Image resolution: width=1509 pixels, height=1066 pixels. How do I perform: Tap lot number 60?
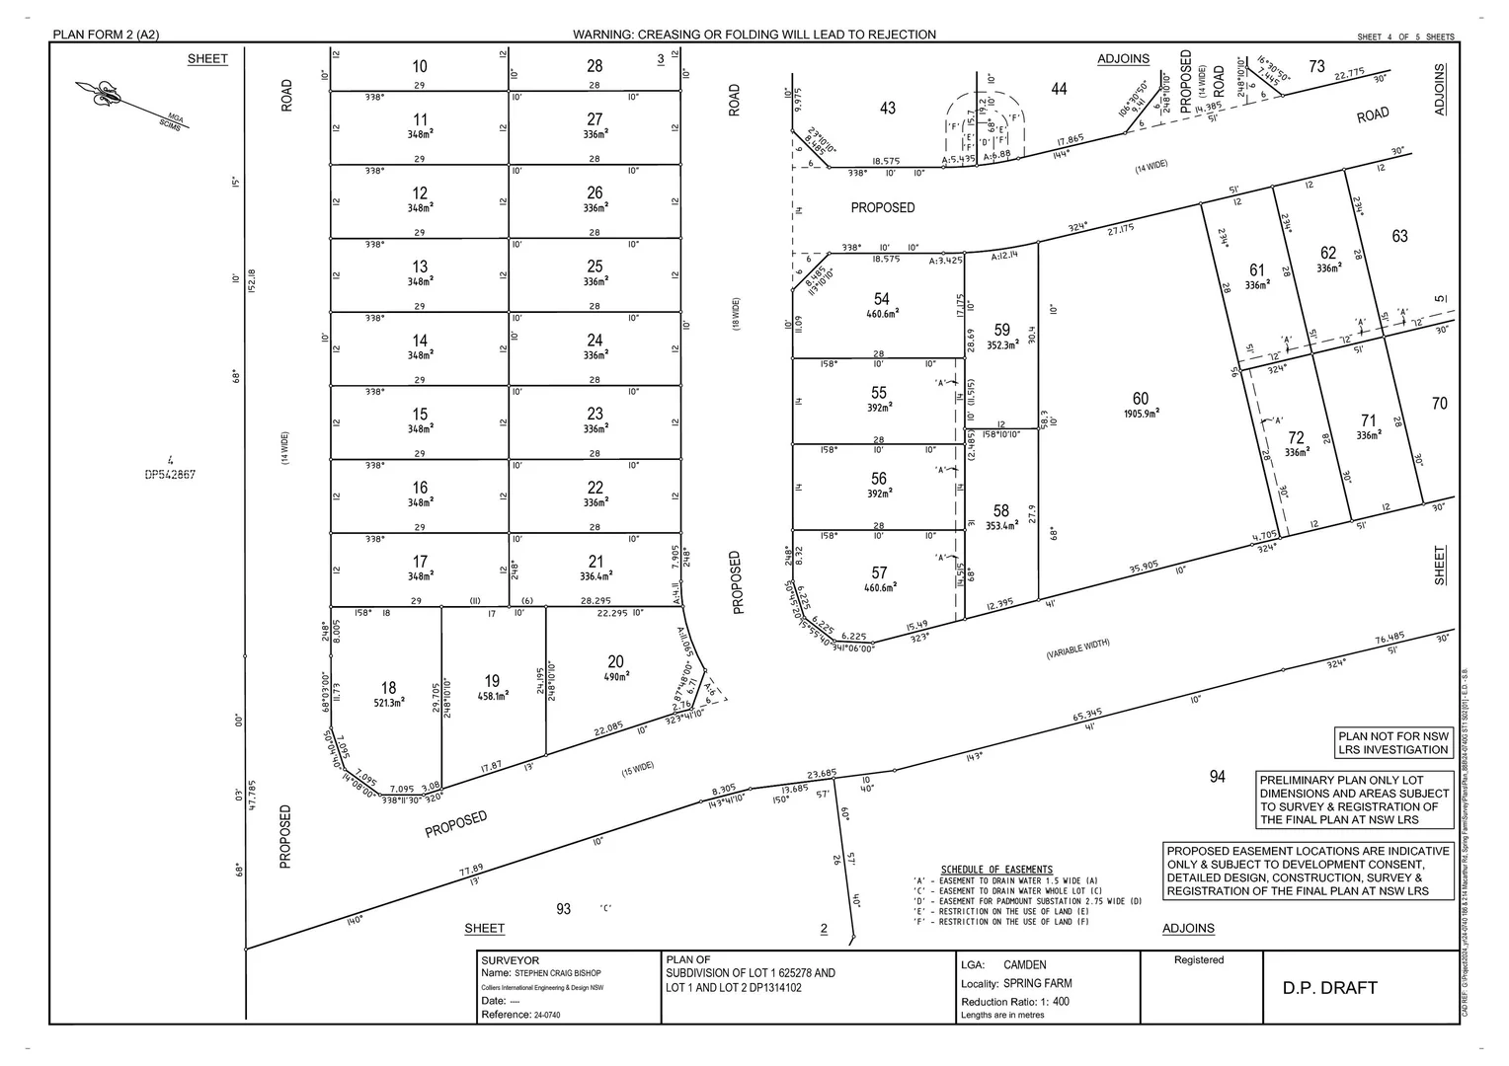point(1141,399)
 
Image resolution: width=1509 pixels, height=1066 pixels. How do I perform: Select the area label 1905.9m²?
point(1141,415)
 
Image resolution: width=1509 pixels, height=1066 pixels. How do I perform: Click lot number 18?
point(388,688)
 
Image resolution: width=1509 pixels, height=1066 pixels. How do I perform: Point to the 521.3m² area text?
point(388,704)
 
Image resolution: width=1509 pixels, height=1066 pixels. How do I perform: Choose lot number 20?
point(615,661)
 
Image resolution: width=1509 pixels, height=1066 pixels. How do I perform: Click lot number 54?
point(881,299)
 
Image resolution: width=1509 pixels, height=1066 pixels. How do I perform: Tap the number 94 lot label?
point(1217,777)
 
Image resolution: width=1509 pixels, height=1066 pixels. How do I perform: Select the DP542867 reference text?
point(170,475)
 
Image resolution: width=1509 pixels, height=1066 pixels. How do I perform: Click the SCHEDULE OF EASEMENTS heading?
point(996,870)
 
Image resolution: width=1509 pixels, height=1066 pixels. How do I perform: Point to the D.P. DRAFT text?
point(1329,988)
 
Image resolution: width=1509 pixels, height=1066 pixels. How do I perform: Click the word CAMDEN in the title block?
point(1024,965)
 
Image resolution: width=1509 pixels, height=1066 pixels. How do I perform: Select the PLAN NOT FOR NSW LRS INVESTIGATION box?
point(1393,743)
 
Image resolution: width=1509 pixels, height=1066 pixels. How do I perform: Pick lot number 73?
point(1316,66)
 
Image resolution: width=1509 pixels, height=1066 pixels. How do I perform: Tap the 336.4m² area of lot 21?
point(595,576)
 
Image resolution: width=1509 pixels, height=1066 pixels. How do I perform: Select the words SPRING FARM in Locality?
point(1037,984)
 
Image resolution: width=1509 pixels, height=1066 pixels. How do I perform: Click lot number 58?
point(1001,510)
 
